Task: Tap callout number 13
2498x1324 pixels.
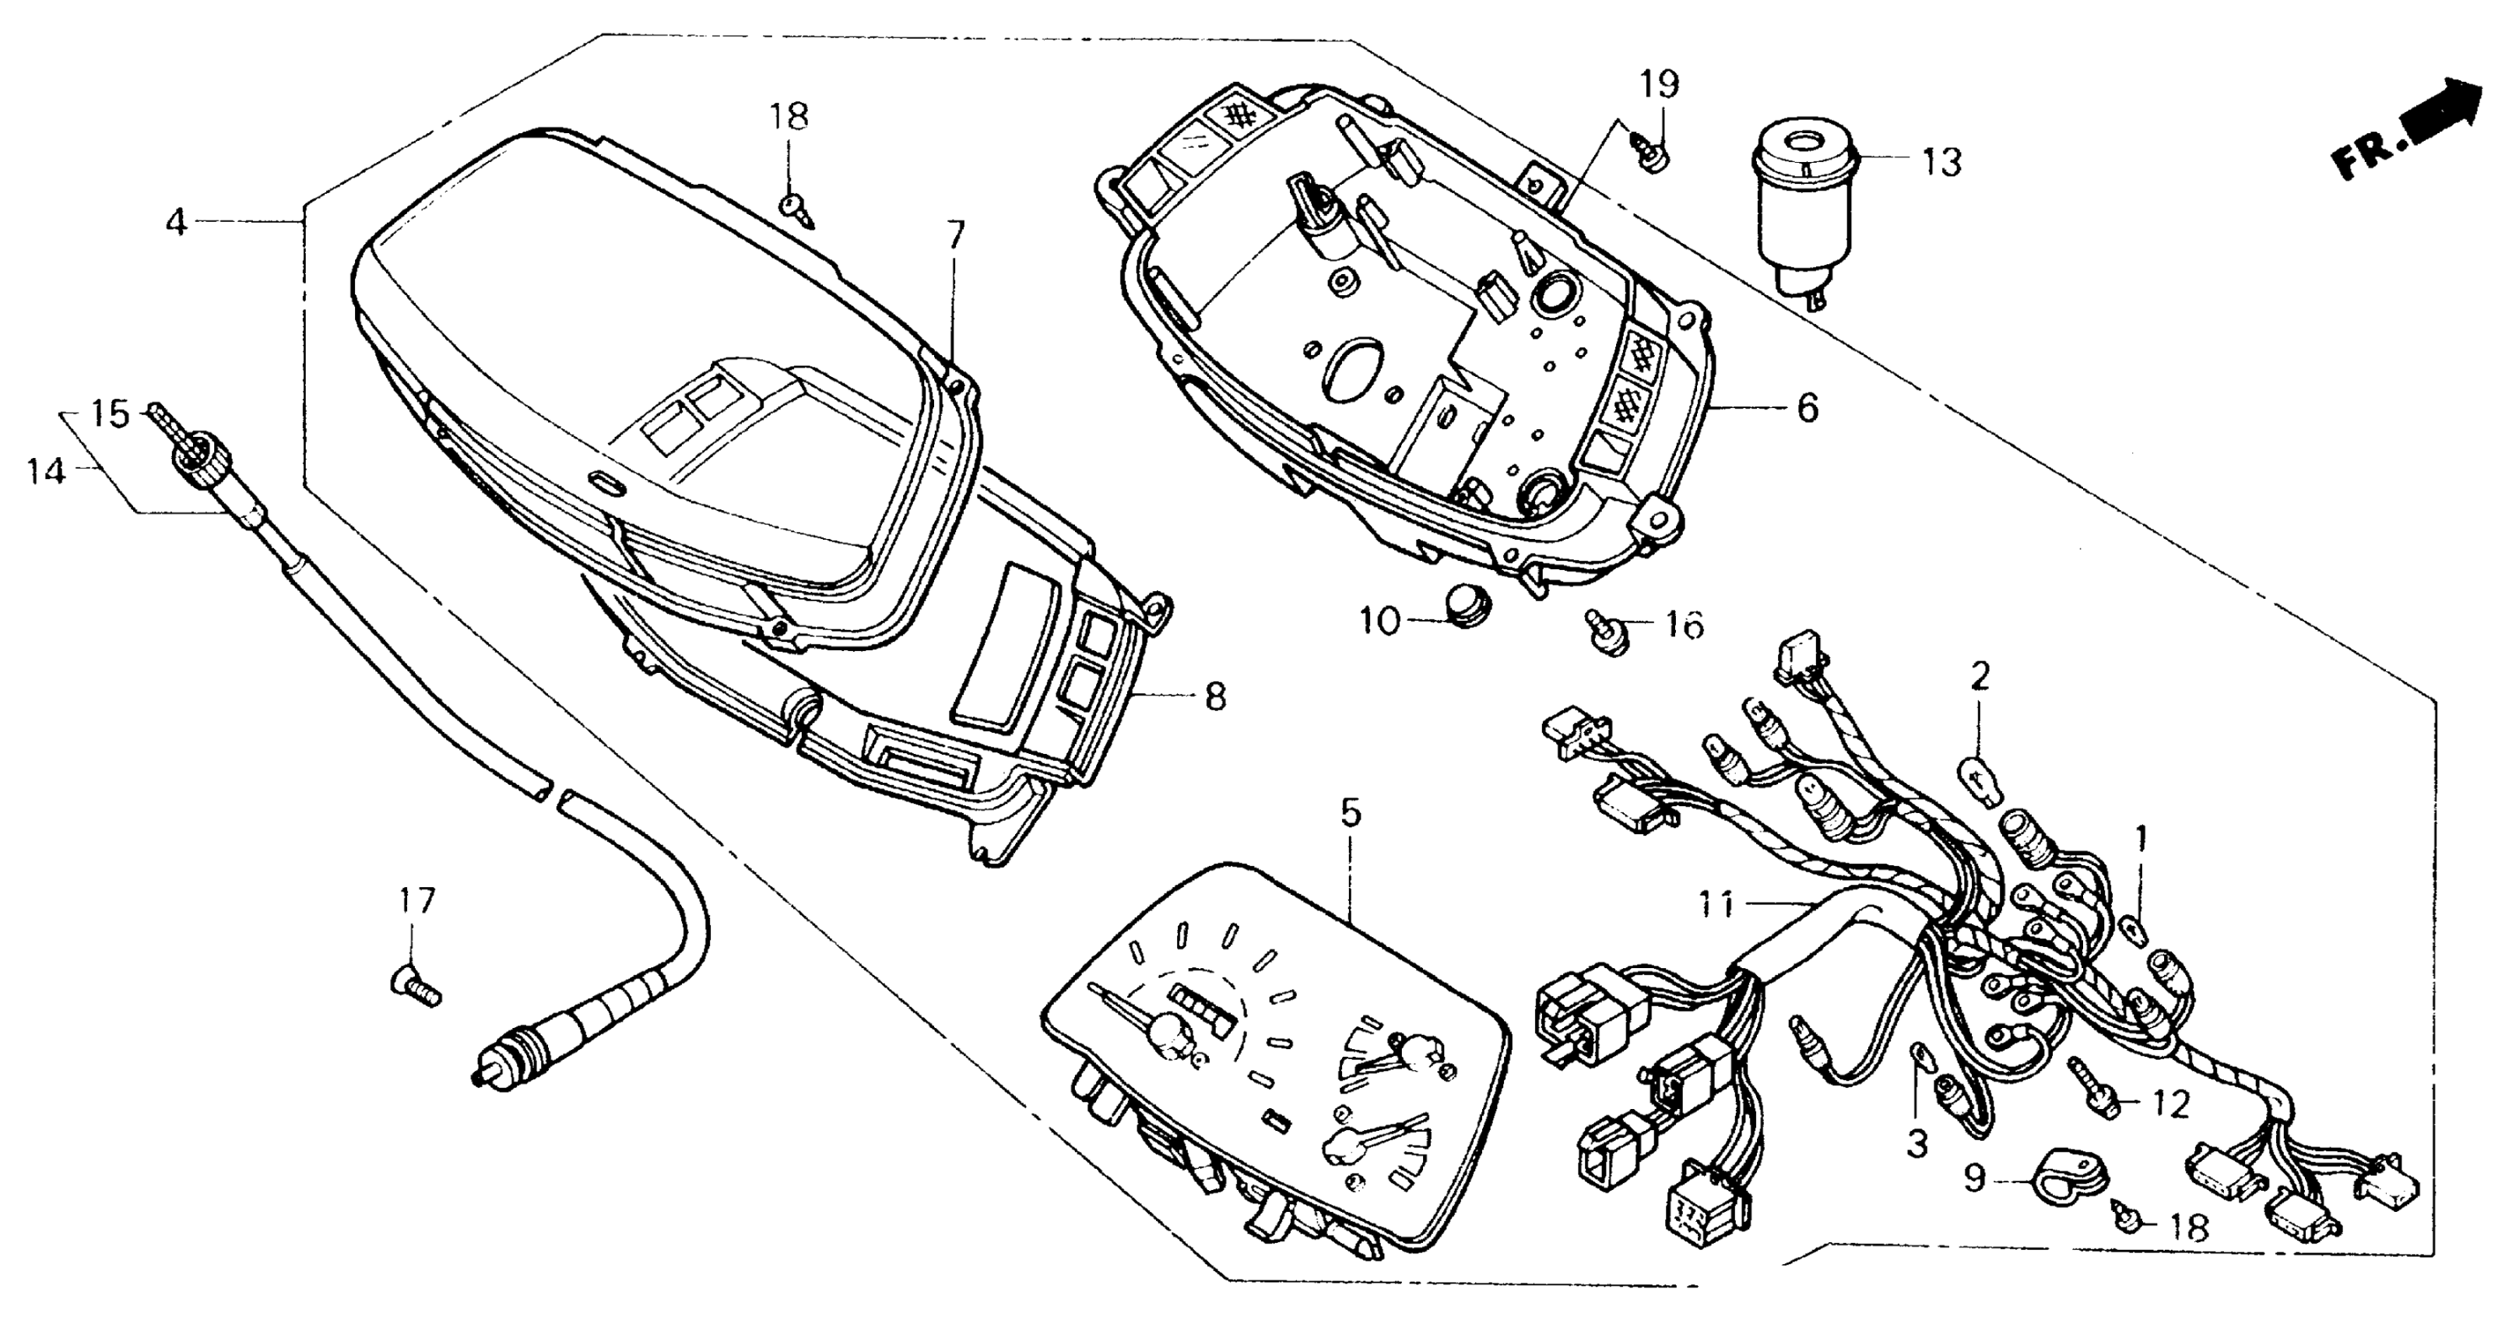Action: (1941, 162)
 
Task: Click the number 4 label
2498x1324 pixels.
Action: (175, 223)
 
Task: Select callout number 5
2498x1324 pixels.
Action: (1351, 813)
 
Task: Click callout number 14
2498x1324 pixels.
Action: (47, 473)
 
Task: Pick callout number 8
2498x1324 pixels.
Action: (1215, 696)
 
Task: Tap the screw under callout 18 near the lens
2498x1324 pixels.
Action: (797, 209)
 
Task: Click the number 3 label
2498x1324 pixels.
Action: (1917, 1145)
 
